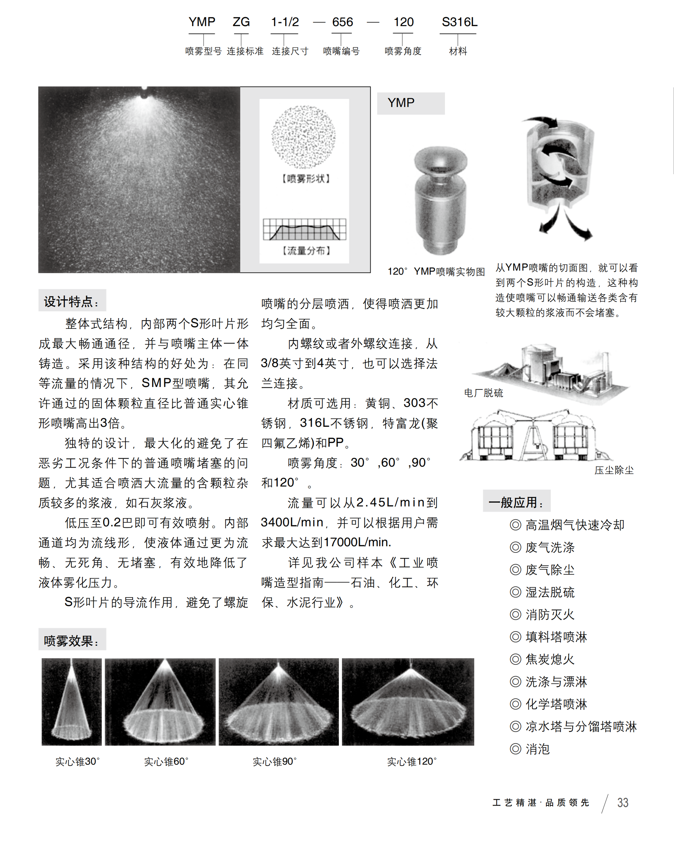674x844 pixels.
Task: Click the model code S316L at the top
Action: click(x=459, y=22)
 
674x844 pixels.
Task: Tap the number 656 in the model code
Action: click(x=342, y=22)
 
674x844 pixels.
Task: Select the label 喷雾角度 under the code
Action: click(x=402, y=51)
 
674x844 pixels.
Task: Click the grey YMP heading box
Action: click(x=410, y=103)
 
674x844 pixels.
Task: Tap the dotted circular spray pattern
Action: click(x=303, y=137)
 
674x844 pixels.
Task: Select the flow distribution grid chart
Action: click(x=304, y=229)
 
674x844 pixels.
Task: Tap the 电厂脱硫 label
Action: click(x=483, y=393)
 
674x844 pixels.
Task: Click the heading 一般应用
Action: click(x=516, y=502)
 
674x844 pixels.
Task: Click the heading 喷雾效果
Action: click(x=72, y=641)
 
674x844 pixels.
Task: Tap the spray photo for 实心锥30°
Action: click(x=72, y=702)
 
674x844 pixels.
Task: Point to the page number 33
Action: click(x=622, y=803)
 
